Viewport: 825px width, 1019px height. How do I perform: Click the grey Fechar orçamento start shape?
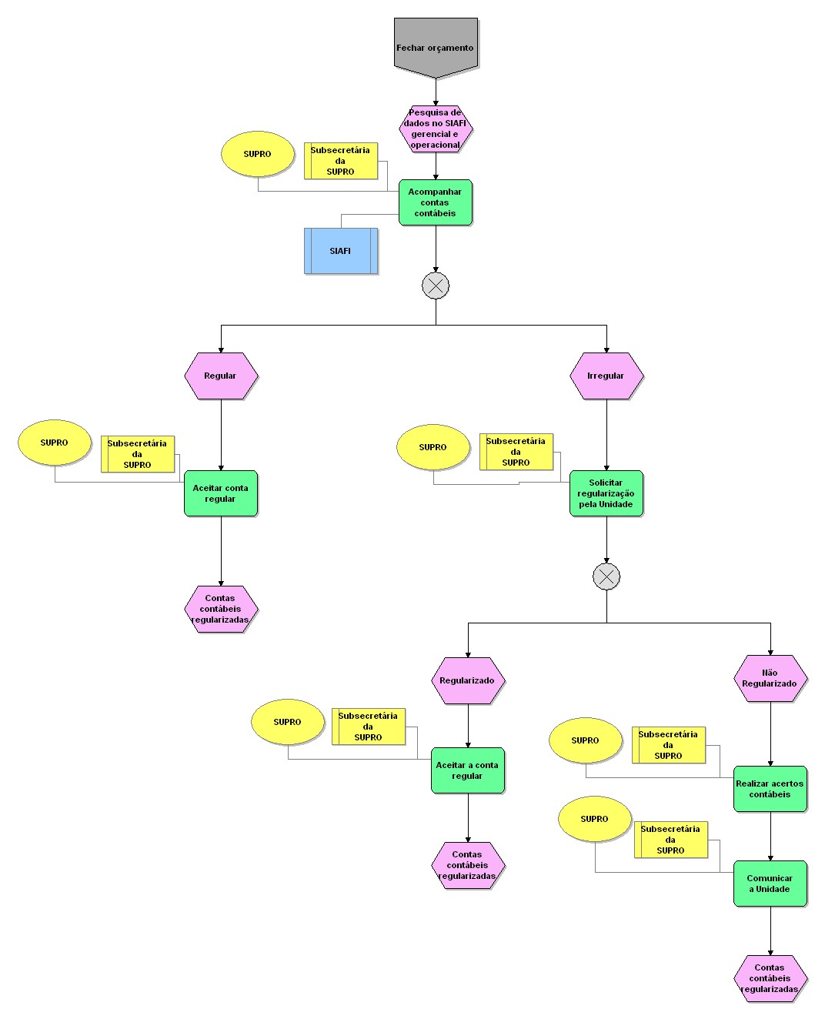(436, 46)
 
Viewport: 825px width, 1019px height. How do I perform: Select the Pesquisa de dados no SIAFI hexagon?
(436, 129)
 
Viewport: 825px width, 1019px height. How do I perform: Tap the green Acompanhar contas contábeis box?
(436, 202)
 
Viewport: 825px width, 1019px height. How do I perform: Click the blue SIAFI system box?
(340, 251)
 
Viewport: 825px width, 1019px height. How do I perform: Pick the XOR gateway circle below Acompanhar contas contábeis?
(436, 286)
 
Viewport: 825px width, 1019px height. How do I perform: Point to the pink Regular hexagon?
(221, 376)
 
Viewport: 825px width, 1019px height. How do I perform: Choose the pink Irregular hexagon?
(606, 376)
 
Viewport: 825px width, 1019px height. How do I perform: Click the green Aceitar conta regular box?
(221, 493)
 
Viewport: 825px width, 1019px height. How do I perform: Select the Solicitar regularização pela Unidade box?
(606, 493)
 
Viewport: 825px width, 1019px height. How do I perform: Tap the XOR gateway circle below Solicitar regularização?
(606, 576)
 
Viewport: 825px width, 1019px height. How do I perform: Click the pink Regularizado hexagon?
(468, 680)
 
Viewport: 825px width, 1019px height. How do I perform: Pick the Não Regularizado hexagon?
(770, 678)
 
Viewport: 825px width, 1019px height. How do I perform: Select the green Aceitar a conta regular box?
(468, 770)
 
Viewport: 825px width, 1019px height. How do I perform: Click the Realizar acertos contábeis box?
(770, 789)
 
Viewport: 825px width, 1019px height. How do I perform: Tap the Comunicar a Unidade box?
(770, 884)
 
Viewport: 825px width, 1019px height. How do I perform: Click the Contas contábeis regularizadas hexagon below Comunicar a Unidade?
(770, 978)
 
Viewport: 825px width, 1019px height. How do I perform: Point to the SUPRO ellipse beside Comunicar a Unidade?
(595, 819)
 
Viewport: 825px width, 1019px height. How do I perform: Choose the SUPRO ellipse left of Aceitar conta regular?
(55, 443)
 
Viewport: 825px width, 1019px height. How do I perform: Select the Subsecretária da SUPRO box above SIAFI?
(341, 161)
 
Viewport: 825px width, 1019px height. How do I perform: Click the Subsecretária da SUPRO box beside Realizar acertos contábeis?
(669, 745)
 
